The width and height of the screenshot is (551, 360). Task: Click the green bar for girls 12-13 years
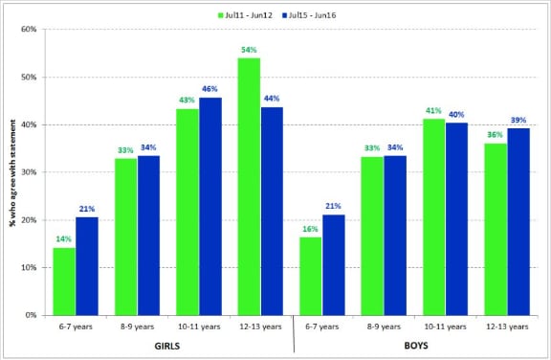pos(249,187)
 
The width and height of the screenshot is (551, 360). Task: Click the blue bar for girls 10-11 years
pos(210,206)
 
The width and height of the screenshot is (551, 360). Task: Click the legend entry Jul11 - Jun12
pos(251,15)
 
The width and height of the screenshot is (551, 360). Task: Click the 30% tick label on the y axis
pos(30,172)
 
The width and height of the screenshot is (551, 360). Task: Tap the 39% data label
pos(518,120)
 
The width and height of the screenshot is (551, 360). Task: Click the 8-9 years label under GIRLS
pos(137,326)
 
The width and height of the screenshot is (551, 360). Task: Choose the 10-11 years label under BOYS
pos(445,326)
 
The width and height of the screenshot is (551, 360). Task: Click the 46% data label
pos(210,88)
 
